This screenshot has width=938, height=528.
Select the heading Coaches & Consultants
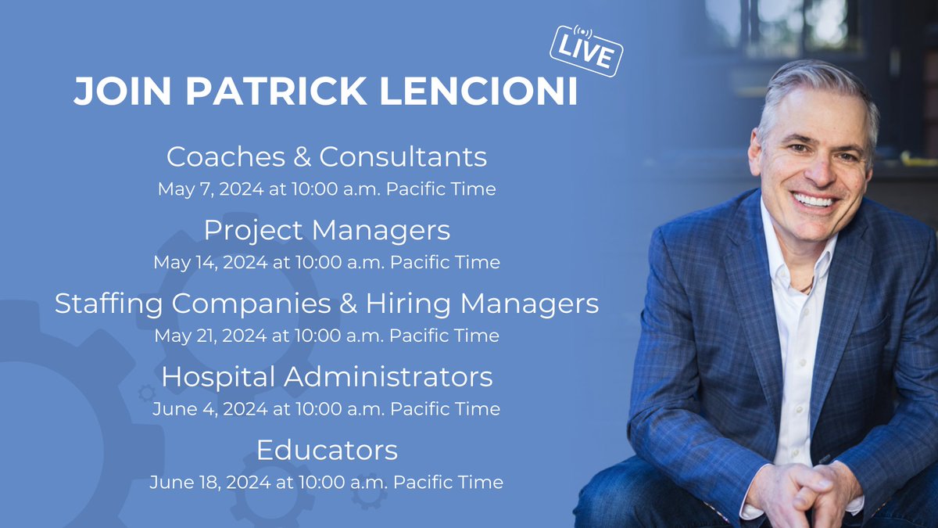coord(327,157)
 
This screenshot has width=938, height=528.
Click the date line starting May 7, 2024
coord(327,189)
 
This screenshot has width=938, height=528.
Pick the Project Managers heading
coord(327,230)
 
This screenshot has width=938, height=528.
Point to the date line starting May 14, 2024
coord(327,262)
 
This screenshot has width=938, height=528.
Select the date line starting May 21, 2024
coord(327,336)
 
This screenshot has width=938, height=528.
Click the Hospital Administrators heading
coord(327,377)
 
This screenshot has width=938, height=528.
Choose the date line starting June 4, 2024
coord(327,409)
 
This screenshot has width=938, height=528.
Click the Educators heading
coord(327,451)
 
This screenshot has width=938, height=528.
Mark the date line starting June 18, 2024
coord(327,482)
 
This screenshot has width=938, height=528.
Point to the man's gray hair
coord(813,86)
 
